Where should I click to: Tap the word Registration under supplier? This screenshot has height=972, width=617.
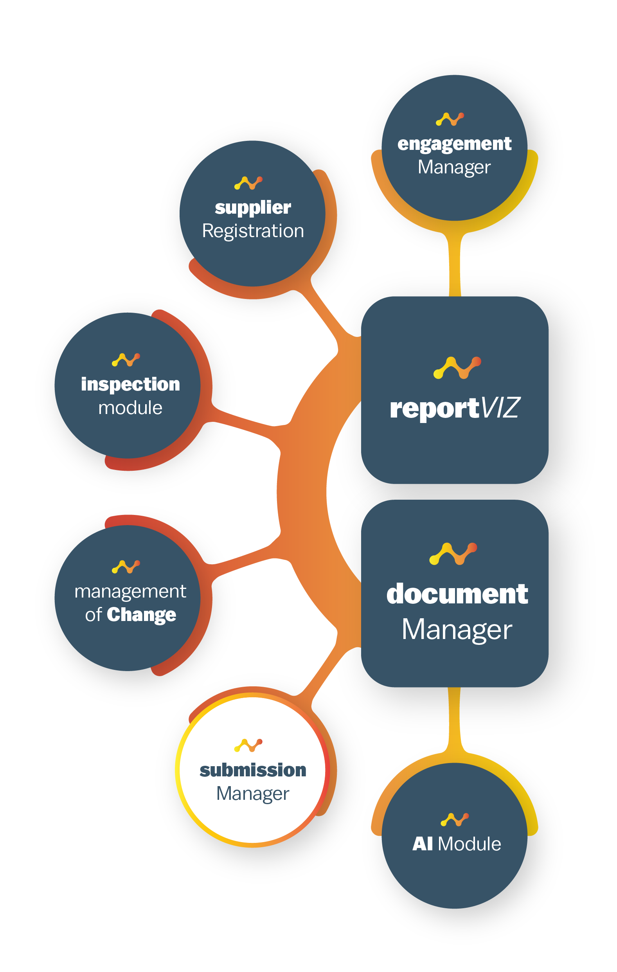pos(253,231)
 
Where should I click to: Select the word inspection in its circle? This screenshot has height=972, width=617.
pos(130,384)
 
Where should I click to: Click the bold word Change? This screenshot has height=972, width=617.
pos(141,615)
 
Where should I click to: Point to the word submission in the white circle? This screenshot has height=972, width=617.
pos(253,770)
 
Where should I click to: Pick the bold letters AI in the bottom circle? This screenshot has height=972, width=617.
pos(422,844)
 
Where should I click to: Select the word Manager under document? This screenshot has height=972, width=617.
pos(457,630)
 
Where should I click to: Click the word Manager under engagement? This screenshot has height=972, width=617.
pos(454,167)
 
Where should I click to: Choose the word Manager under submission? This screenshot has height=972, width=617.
pos(253,794)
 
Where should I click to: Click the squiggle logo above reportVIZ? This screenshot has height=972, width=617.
pos(457,368)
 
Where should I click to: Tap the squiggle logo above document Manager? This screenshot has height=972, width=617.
pos(453,554)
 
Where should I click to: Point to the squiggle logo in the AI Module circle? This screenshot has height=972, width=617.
pos(454,820)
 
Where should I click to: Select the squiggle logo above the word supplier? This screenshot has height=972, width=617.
pos(248,183)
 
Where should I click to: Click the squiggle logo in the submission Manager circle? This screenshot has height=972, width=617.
pos(248,745)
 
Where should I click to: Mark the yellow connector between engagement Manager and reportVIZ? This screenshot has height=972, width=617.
pos(455,265)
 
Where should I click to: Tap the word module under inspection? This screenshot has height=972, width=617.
pos(130,408)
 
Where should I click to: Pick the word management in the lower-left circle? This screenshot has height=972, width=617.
pos(130,592)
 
